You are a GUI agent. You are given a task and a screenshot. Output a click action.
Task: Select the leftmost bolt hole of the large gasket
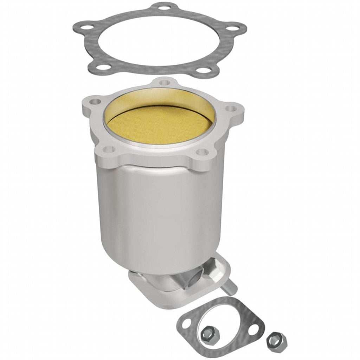tap(82, 28)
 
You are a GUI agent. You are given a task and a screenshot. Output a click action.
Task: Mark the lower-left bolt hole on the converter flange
tap(110, 150)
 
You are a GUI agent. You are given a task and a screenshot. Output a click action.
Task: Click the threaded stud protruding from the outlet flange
tap(231, 285)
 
